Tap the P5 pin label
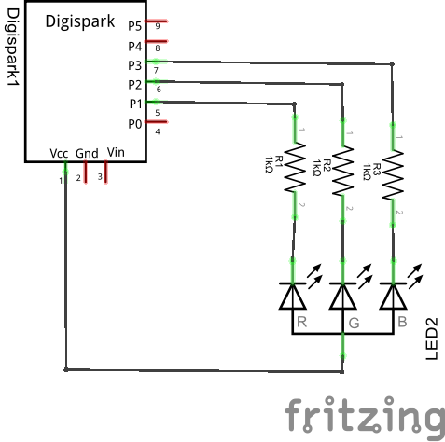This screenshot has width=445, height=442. (135, 26)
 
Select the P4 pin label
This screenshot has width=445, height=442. (135, 45)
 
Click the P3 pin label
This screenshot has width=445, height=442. (135, 64)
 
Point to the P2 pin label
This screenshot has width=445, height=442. (135, 84)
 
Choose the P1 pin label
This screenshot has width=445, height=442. (135, 104)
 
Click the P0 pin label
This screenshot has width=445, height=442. (135, 123)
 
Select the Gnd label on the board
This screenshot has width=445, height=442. (87, 152)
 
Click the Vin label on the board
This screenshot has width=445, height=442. (116, 152)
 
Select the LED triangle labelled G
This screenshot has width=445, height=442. (344, 295)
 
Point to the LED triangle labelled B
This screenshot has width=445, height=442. (393, 295)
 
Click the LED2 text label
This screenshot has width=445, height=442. (432, 338)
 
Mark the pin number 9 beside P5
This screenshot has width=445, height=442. (158, 26)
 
